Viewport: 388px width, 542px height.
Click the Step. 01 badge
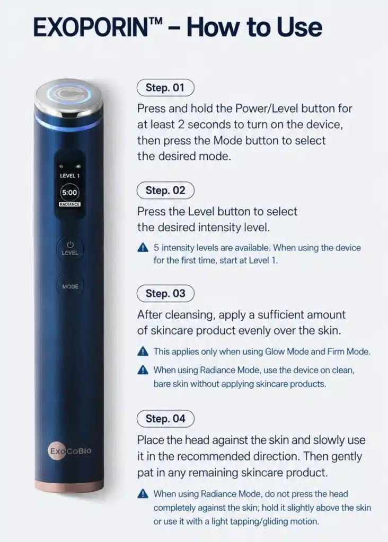165,87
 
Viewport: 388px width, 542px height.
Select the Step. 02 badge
165,190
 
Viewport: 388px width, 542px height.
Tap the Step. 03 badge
165,293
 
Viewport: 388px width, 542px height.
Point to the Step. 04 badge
165,419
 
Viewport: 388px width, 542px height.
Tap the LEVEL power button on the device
70,249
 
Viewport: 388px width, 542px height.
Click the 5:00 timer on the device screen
69,193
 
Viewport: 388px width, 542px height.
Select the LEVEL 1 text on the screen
69,176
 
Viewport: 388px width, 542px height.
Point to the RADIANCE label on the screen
69,204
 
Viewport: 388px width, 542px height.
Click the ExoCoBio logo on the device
70,451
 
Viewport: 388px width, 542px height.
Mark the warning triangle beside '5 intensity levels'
143,248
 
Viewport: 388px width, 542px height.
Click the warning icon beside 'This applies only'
143,351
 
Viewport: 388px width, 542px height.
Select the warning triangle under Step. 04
143,494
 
